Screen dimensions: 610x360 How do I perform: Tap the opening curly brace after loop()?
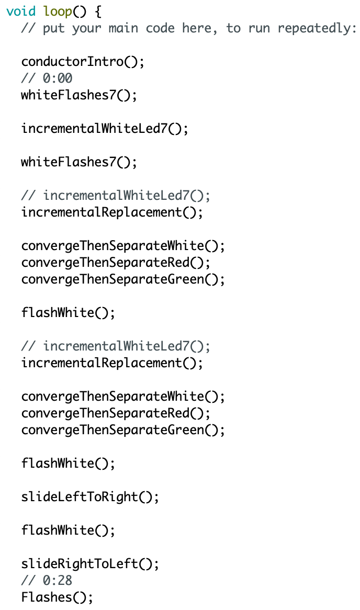click(x=98, y=12)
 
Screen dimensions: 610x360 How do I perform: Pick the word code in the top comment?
click(x=160, y=28)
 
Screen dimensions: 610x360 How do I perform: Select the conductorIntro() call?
click(x=83, y=62)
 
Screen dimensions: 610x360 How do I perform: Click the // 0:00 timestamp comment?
click(x=47, y=78)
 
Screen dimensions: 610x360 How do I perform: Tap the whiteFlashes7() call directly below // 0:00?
click(x=79, y=95)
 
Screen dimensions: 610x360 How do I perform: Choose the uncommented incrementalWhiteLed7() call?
click(x=105, y=129)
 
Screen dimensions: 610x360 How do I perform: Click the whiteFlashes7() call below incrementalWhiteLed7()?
click(x=79, y=162)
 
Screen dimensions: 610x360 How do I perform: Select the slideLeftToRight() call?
click(x=90, y=497)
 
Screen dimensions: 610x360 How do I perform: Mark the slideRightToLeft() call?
click(x=90, y=564)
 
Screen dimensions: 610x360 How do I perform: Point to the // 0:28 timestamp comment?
click(x=47, y=581)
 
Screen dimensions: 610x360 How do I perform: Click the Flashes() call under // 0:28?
click(x=57, y=597)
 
